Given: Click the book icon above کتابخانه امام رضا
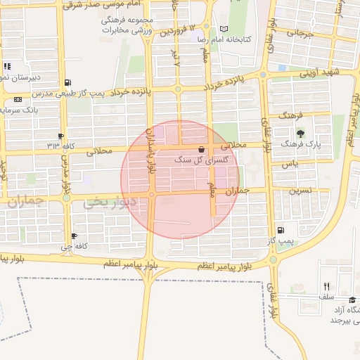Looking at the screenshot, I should [224, 28].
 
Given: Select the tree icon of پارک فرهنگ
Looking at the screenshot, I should [301, 134].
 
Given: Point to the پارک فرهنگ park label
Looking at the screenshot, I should [300, 143].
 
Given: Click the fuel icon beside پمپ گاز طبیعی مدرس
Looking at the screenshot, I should [67, 82].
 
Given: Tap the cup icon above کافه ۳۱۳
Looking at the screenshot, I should [61, 136].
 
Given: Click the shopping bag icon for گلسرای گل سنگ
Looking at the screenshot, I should [202, 150].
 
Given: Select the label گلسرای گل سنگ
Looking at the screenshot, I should [200, 160].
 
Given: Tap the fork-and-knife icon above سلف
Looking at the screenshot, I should [326, 286].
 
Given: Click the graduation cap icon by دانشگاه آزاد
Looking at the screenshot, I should [352, 300].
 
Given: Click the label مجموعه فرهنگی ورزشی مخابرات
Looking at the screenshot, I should [117, 25].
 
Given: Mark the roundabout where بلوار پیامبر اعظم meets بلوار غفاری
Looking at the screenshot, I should [273, 260].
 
